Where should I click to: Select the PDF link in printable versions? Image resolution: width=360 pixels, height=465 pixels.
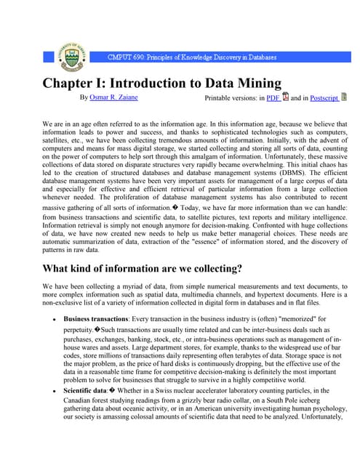(273, 97)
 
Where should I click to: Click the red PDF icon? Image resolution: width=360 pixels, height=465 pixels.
(286, 97)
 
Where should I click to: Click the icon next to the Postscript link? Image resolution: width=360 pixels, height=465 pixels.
(344, 97)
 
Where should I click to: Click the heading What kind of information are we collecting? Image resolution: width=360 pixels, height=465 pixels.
(142, 269)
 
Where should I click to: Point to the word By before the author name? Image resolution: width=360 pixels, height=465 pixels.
(84, 97)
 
